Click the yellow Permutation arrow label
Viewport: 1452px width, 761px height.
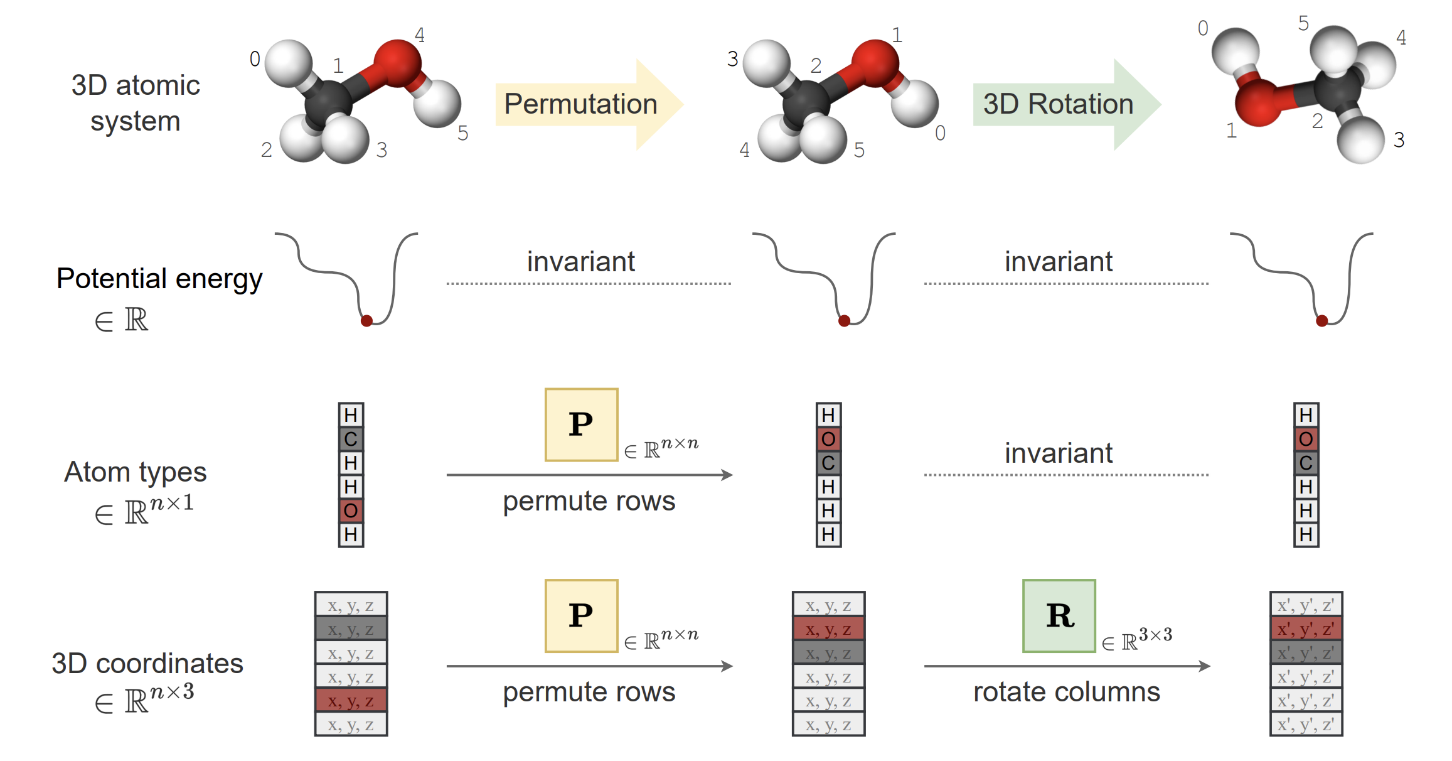pyautogui.click(x=580, y=104)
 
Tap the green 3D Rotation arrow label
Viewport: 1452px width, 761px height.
pyautogui.click(x=1058, y=104)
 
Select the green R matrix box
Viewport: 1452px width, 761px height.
pyautogui.click(x=1059, y=616)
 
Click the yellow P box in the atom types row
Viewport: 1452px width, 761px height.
pyautogui.click(x=581, y=425)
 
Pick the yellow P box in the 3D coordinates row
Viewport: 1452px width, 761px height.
pyautogui.click(x=581, y=616)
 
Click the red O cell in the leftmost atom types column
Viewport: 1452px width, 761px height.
pyautogui.click(x=351, y=511)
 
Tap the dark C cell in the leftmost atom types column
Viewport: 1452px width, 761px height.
pyautogui.click(x=351, y=439)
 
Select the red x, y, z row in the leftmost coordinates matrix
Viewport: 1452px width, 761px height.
pyautogui.click(x=351, y=701)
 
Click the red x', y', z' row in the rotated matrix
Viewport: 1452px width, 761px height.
pyautogui.click(x=1306, y=629)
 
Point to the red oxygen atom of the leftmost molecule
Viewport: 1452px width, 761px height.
pyautogui.click(x=397, y=63)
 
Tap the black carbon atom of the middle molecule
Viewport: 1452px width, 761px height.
pyautogui.click(x=806, y=104)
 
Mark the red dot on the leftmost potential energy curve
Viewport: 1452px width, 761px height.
pyautogui.click(x=367, y=321)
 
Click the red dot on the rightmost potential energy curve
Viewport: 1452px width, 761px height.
pyautogui.click(x=1322, y=321)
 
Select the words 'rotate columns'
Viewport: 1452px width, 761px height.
pyautogui.click(x=1066, y=692)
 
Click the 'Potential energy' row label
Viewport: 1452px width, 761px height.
pyautogui.click(x=159, y=278)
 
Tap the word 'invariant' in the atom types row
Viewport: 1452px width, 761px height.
pyautogui.click(x=1058, y=453)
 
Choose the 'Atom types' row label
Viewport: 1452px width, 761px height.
pyautogui.click(x=135, y=472)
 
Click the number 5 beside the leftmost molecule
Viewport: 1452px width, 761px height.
pyautogui.click(x=463, y=133)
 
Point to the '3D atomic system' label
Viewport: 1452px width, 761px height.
pyautogui.click(x=136, y=103)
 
